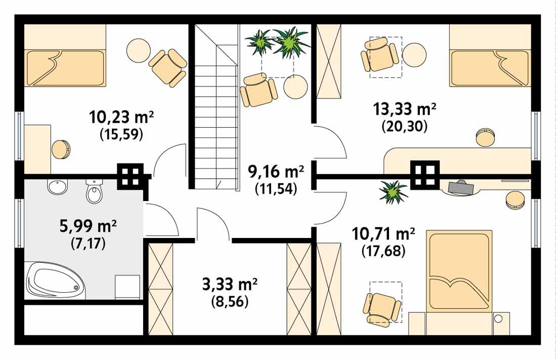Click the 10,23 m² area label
tap(121, 118)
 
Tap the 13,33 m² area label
tap(404, 109)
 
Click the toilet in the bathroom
tap(94, 190)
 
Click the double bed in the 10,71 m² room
tap(459, 271)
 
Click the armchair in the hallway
tap(259, 90)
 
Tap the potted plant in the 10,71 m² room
tap(394, 192)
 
